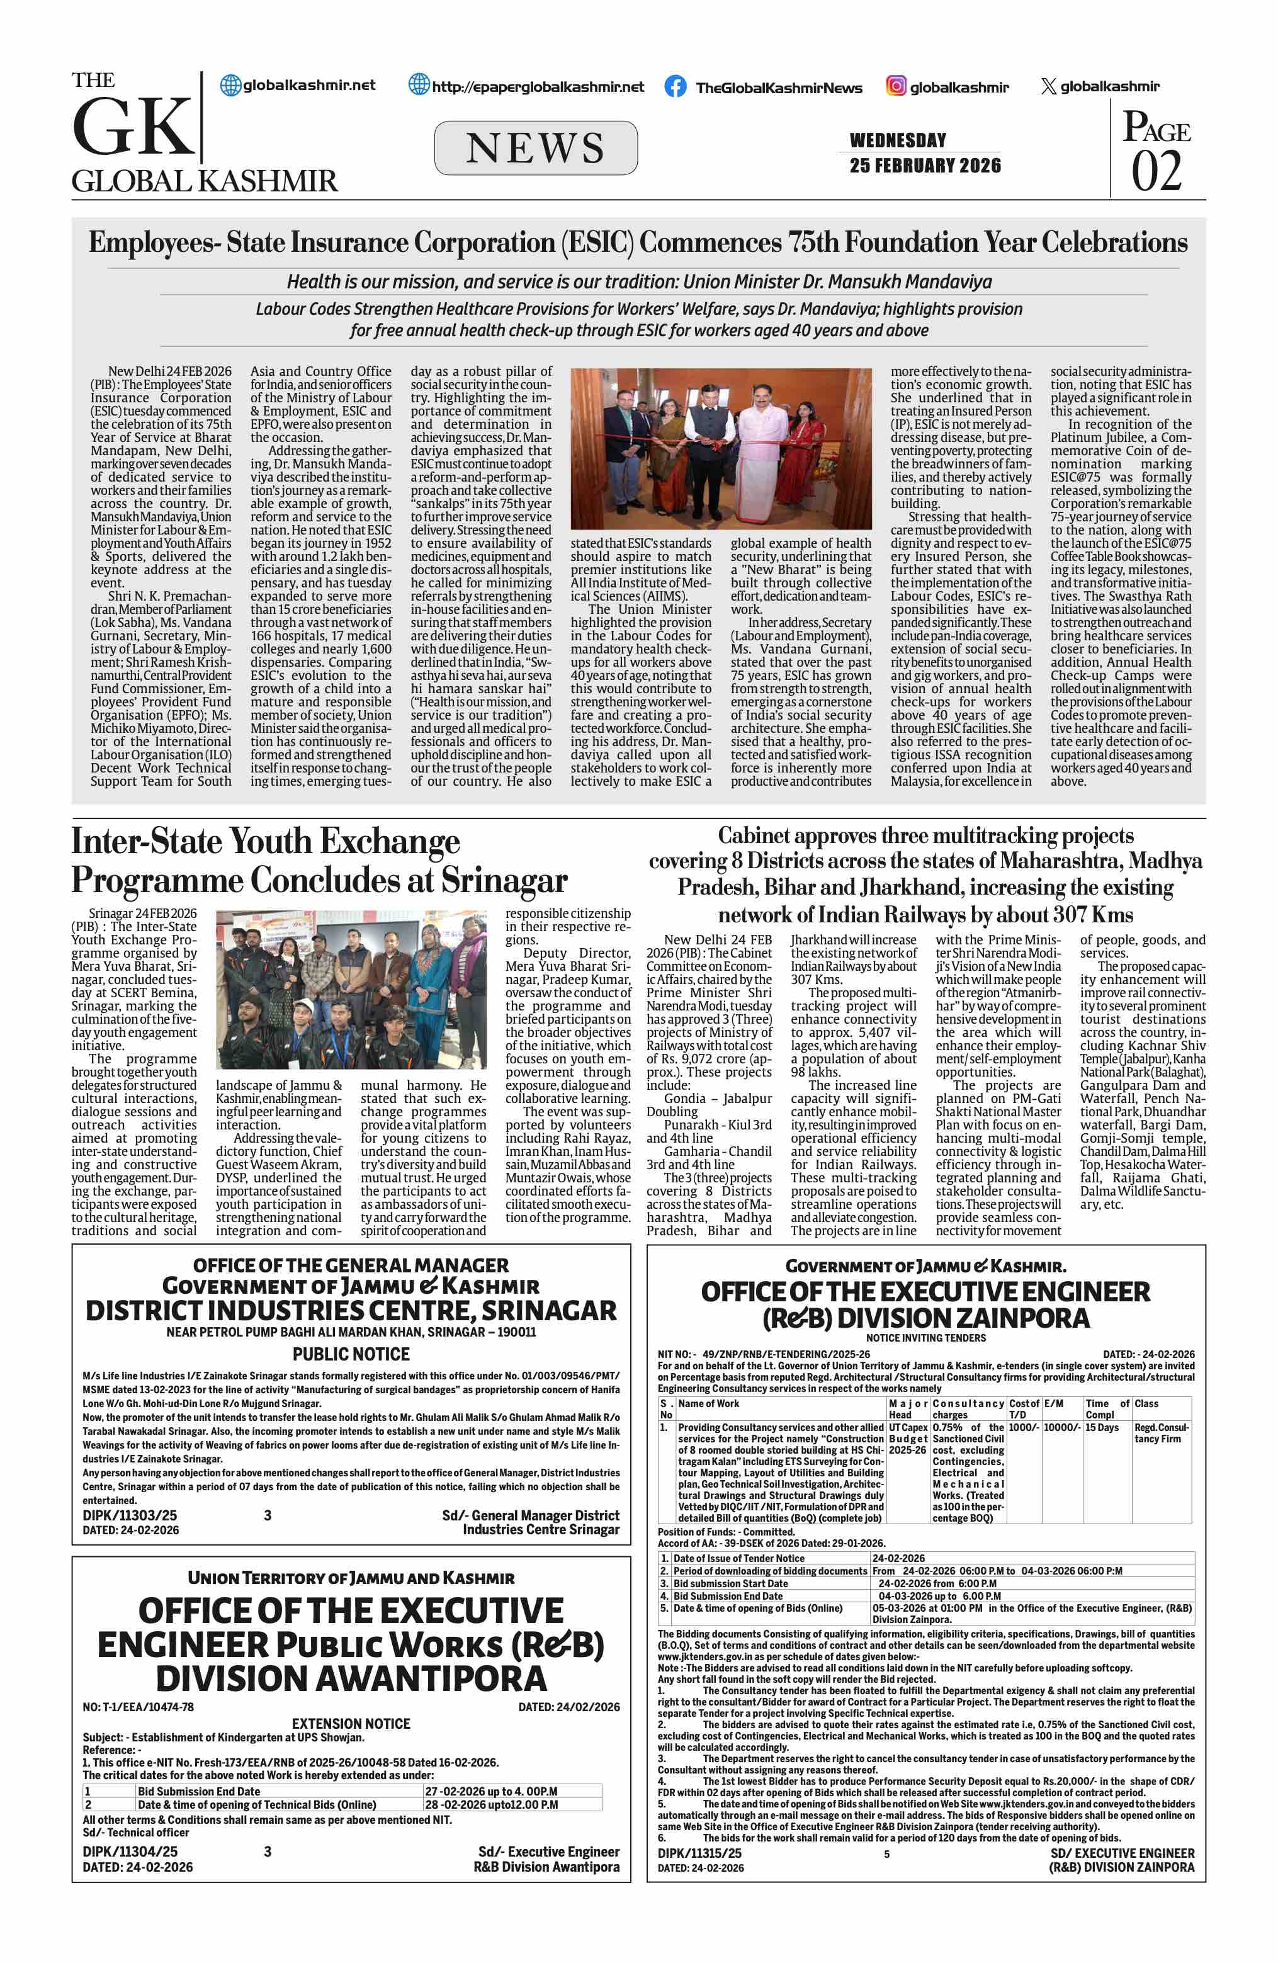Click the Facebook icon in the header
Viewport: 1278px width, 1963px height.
point(674,87)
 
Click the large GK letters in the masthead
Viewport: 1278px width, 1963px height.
point(133,128)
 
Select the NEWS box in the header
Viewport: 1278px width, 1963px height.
point(535,149)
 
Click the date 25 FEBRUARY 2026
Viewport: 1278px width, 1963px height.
point(925,166)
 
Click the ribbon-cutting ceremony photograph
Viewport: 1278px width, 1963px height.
point(721,449)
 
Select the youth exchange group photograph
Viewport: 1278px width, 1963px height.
point(351,989)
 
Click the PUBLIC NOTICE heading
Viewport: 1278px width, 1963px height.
point(351,1354)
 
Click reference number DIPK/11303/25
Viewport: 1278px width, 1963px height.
point(130,1515)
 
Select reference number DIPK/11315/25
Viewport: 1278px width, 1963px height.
point(699,1853)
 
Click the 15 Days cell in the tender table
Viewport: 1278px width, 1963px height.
point(1102,1428)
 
